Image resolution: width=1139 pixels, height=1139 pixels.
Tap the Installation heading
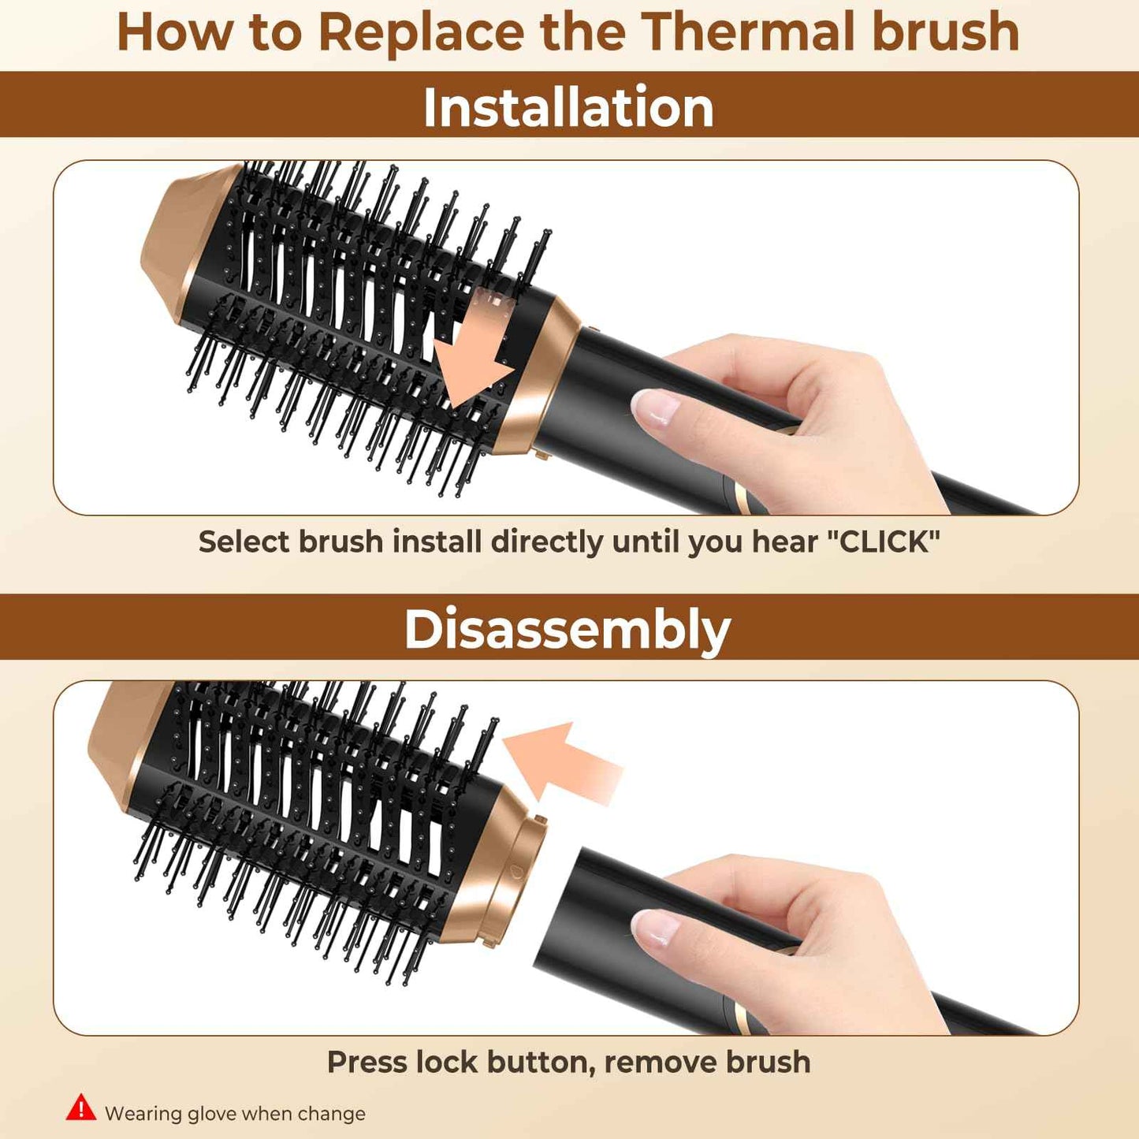[568, 107]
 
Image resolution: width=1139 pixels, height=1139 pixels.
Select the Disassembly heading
[568, 630]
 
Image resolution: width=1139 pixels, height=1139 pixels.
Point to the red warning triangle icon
[81, 1107]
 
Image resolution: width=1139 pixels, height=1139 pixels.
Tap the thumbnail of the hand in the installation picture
[656, 408]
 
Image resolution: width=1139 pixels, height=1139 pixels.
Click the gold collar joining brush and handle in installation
[536, 378]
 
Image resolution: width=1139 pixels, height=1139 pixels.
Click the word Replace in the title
[421, 33]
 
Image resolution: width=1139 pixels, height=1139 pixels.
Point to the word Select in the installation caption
[245, 542]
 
